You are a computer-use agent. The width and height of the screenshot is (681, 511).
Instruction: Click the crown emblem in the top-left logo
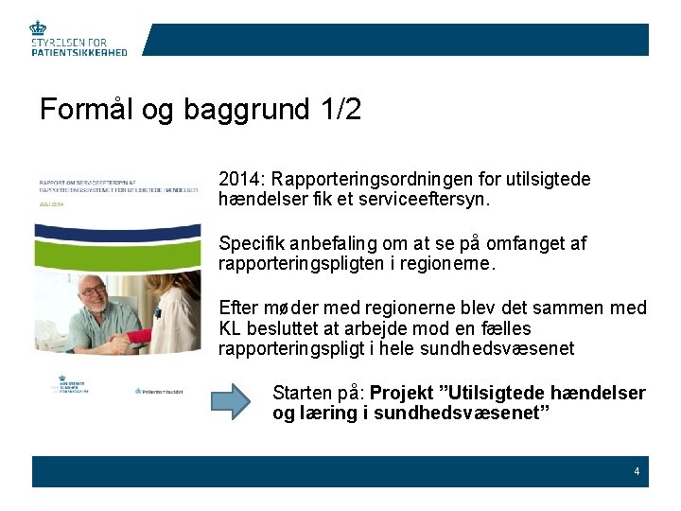39,28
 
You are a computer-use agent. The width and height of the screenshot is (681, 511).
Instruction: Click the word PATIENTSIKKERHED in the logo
79,53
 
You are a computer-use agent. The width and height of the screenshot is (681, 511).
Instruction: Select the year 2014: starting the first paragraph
240,179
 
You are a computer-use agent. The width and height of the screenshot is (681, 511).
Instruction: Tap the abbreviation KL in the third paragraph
229,328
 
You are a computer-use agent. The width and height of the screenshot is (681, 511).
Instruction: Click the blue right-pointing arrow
236,402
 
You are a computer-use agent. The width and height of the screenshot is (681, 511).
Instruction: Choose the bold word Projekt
399,393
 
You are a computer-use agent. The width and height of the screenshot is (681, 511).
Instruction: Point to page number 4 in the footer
637,471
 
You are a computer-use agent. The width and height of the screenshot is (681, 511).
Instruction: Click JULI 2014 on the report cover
50,203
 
